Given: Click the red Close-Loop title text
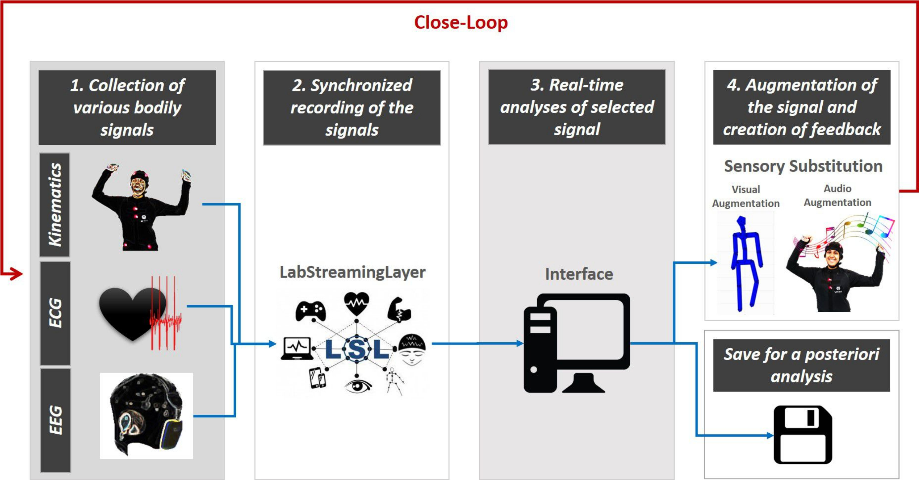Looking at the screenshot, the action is pos(461,22).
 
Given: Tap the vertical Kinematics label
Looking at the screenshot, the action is pos(55,204).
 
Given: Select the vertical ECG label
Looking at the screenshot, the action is pos(55,313).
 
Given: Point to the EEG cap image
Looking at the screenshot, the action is pos(147,416).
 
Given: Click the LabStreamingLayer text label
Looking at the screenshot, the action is pos(352,272).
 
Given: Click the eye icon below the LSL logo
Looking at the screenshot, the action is pos(358,385).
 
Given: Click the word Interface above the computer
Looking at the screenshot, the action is pos(579,274).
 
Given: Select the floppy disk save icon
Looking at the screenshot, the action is pos(803,435).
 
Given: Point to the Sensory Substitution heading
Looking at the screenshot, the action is pos(803,166).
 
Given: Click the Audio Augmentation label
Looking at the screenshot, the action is pos(837,195).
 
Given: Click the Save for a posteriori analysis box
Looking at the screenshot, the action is pos(801,366).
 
